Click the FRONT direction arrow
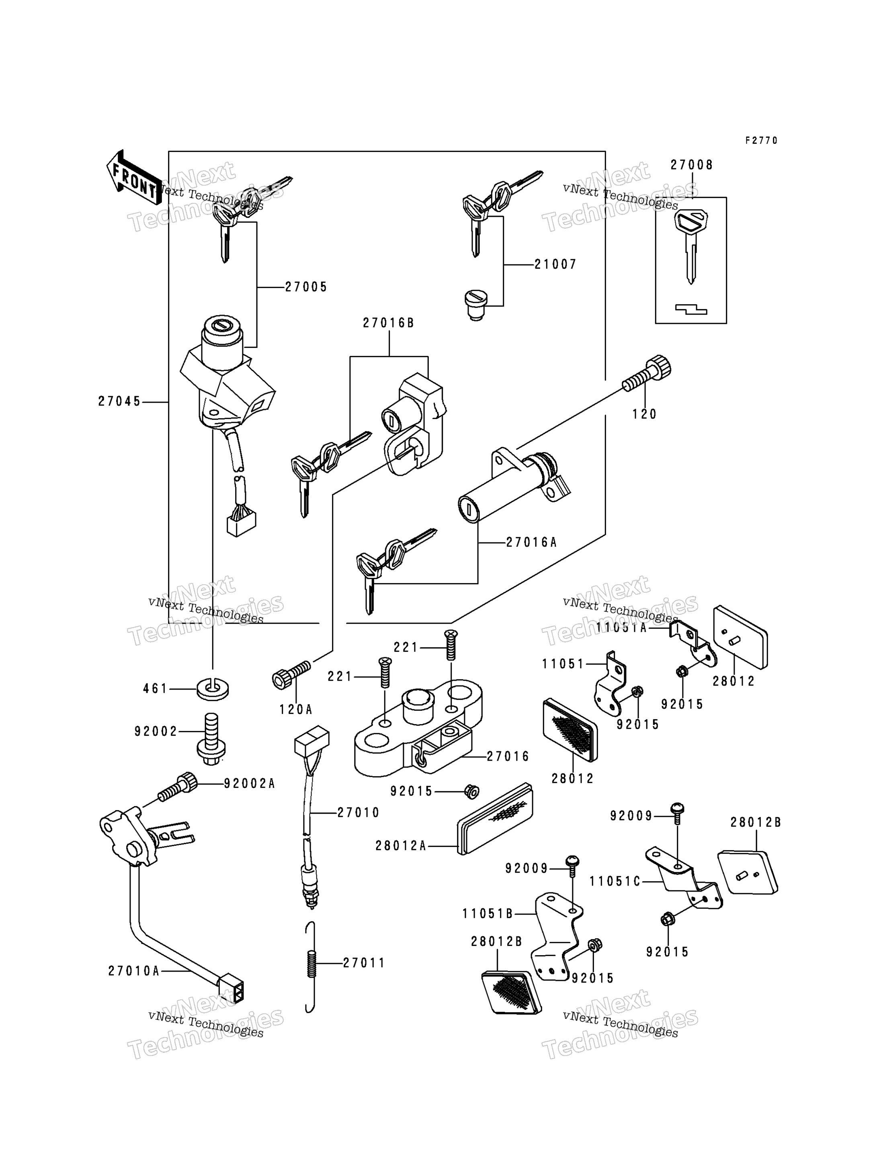[134, 177]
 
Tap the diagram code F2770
[762, 141]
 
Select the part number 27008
[692, 165]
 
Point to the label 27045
[119, 402]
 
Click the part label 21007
[555, 265]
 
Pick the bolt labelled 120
[647, 373]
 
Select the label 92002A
[249, 784]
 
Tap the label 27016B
[389, 323]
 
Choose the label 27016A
[531, 543]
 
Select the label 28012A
[401, 846]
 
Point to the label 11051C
[615, 882]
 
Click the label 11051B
[487, 914]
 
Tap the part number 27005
[306, 287]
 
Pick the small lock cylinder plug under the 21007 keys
[475, 305]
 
